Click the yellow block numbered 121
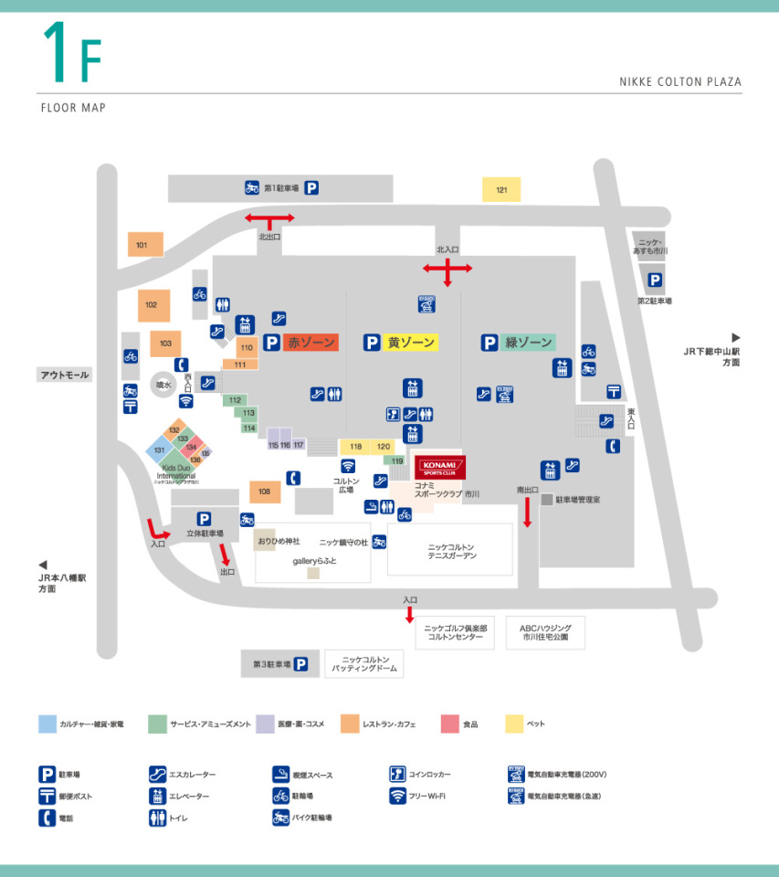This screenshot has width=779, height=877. [501, 189]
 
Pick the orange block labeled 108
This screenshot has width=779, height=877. [265, 492]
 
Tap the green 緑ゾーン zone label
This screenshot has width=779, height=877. [529, 343]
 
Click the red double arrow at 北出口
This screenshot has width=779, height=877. [268, 218]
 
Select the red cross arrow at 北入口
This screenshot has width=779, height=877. [447, 269]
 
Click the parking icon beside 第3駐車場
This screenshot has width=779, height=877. [300, 664]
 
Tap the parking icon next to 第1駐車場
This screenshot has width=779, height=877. [311, 188]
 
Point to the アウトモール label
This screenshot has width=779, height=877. [64, 375]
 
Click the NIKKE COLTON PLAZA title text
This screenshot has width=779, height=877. [679, 81]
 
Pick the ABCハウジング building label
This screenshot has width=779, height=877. [545, 632]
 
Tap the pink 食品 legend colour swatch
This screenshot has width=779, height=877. [448, 724]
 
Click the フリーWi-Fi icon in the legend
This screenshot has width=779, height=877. [397, 796]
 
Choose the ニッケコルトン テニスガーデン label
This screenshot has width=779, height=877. [450, 551]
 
